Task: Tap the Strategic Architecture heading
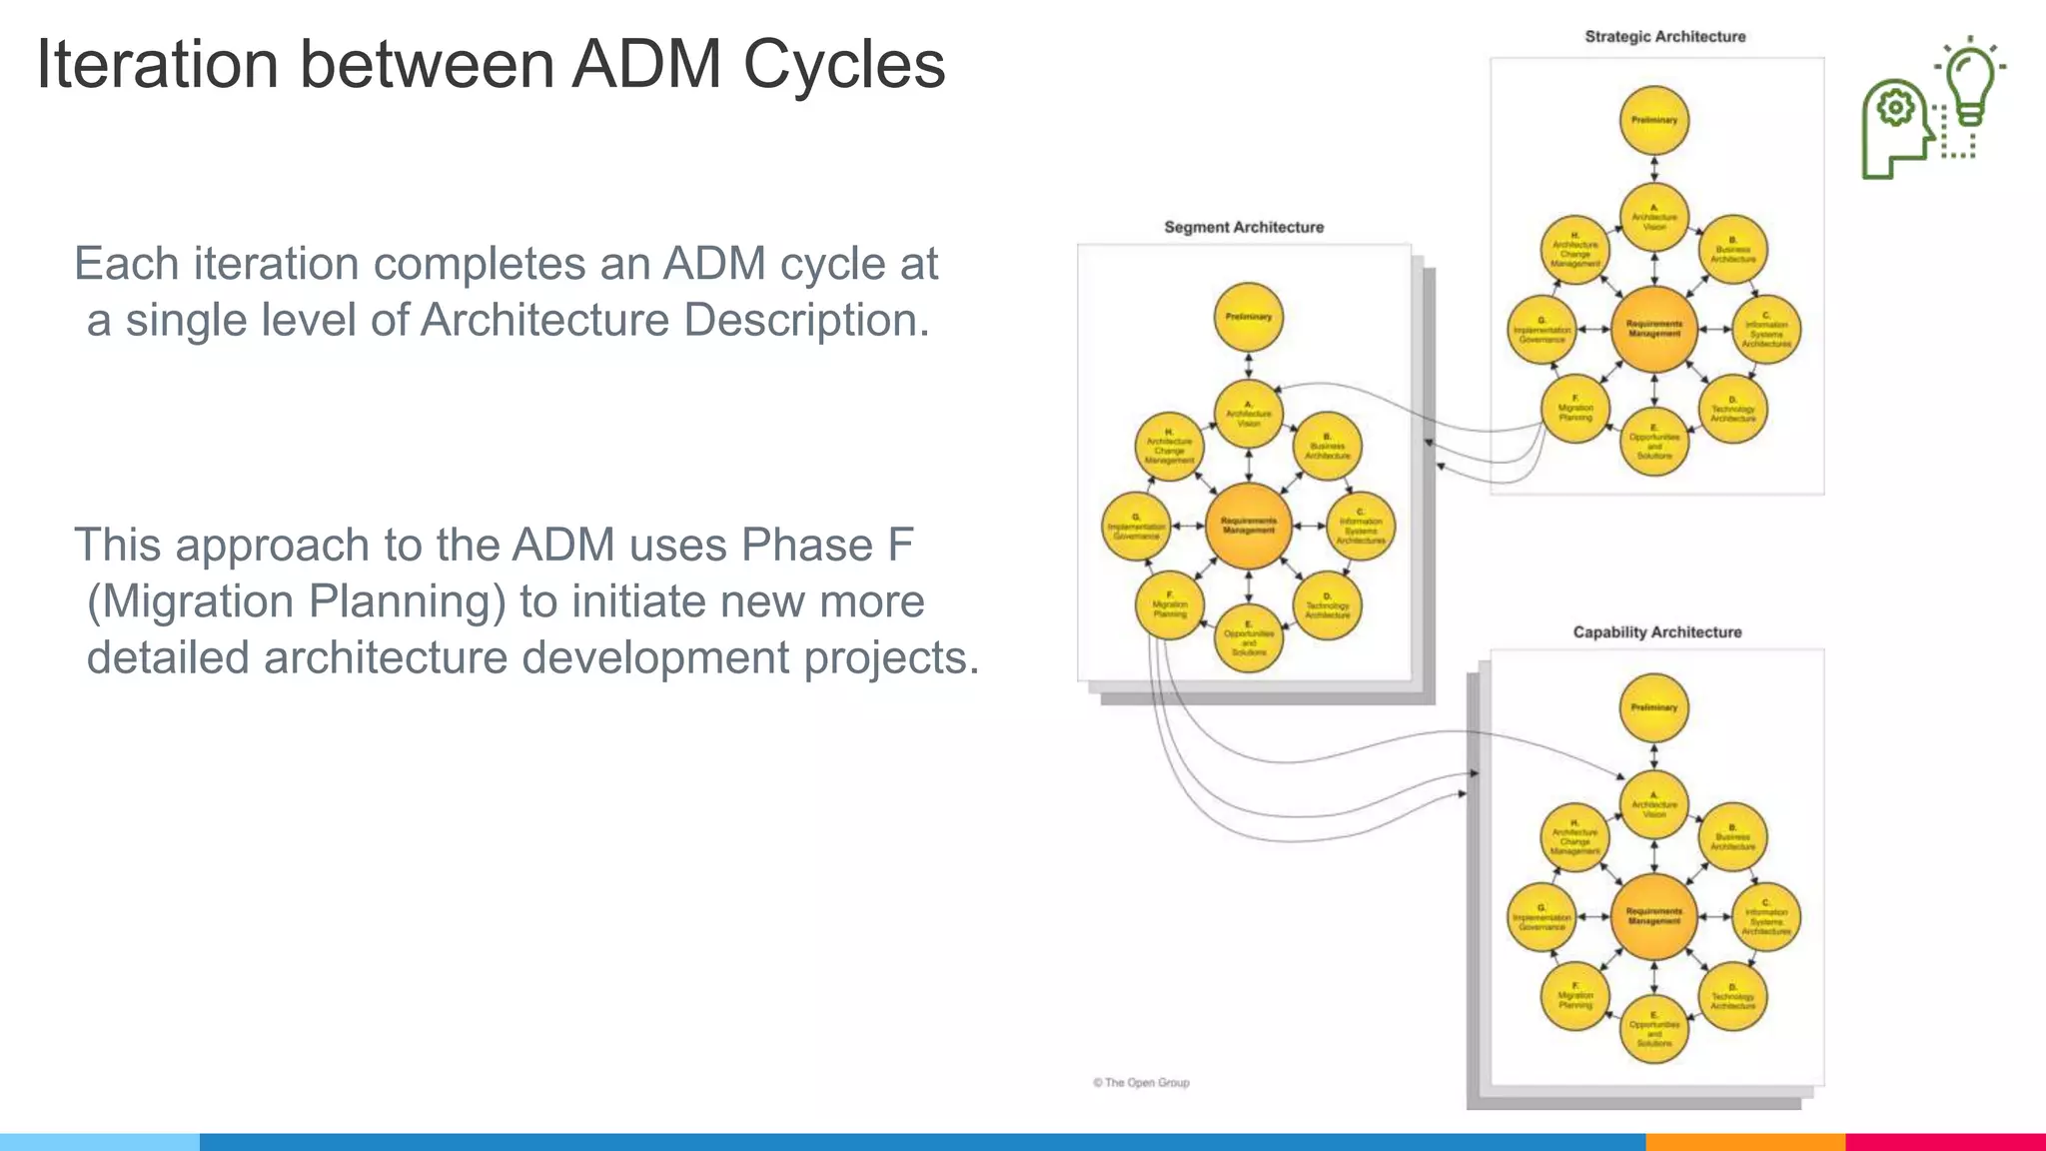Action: click(x=1664, y=37)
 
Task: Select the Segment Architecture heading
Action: click(x=1244, y=228)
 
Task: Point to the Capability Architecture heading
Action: click(x=1656, y=632)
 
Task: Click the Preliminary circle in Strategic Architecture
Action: click(x=1654, y=120)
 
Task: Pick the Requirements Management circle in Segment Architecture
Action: click(x=1249, y=526)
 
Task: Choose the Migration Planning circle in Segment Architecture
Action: click(x=1170, y=605)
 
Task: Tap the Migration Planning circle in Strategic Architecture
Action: click(x=1575, y=409)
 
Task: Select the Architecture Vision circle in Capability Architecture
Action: click(x=1654, y=805)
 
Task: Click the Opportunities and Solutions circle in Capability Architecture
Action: click(x=1654, y=1029)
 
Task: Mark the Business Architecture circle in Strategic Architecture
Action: click(x=1733, y=250)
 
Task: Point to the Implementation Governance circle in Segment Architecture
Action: click(x=1136, y=526)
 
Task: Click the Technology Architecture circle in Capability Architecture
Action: click(x=1733, y=996)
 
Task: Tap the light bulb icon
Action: click(x=1969, y=85)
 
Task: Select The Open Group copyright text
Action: click(x=1141, y=1083)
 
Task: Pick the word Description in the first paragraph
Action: click(x=806, y=321)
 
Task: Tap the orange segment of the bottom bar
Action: click(x=1745, y=1141)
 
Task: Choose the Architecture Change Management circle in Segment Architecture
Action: click(x=1170, y=447)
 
